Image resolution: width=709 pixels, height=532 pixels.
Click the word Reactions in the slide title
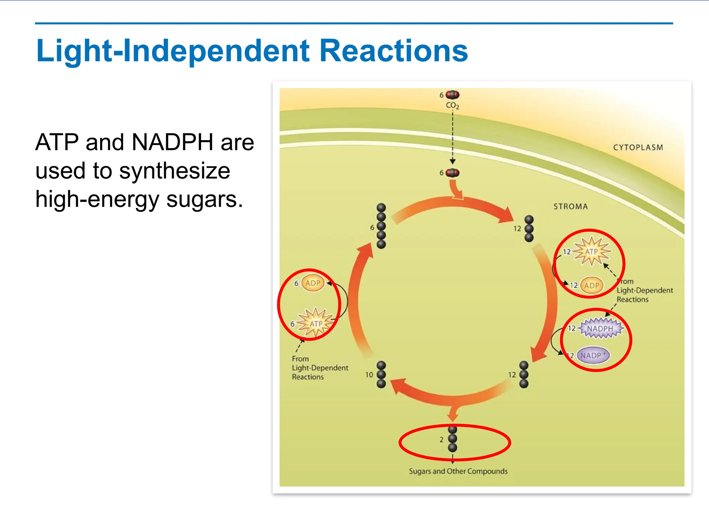click(393, 51)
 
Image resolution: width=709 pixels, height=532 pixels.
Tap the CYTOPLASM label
click(638, 148)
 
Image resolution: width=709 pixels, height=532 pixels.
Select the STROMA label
click(571, 207)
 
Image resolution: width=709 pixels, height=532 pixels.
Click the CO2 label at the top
click(452, 105)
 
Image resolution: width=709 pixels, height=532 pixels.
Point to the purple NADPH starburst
click(600, 328)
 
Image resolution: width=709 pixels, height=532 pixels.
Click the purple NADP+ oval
click(593, 355)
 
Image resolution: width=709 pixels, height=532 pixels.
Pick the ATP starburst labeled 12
click(592, 251)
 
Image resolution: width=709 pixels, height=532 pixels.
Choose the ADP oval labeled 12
click(592, 286)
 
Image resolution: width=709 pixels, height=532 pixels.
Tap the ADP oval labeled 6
click(313, 283)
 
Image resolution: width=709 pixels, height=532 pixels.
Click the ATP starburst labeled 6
click(316, 323)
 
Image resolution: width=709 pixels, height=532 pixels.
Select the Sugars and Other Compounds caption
click(458, 471)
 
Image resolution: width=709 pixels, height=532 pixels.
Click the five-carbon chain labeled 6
click(381, 226)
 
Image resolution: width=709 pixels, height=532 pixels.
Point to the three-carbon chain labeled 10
click(381, 374)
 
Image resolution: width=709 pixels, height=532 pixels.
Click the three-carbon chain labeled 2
click(452, 439)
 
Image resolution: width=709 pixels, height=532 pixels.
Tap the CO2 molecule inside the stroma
click(452, 173)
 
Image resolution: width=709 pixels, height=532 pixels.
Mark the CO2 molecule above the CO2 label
click(452, 95)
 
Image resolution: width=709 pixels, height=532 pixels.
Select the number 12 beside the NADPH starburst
click(572, 328)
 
